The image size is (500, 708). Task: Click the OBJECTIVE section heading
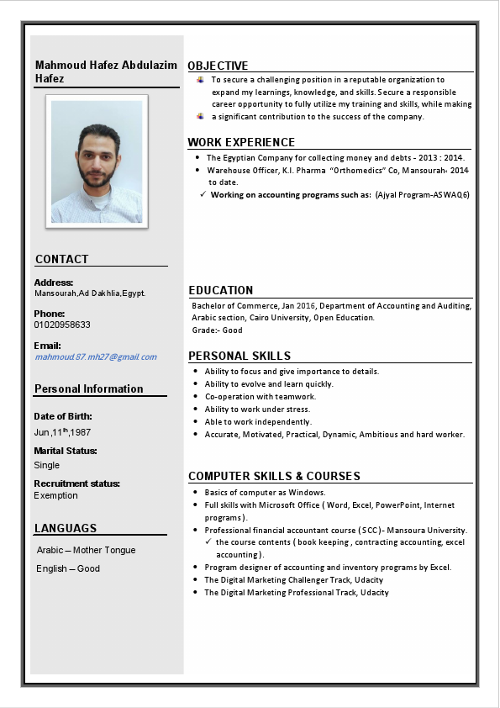tap(218, 66)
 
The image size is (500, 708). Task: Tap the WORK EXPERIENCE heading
tap(241, 142)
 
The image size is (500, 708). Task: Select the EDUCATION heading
tap(220, 290)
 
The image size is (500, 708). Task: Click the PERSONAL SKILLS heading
tap(239, 356)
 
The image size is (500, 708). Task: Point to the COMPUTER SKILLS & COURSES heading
tap(274, 476)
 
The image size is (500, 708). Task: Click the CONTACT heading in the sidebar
tap(61, 259)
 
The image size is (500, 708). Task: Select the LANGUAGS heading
tap(66, 528)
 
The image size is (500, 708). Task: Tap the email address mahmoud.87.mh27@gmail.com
tap(95, 357)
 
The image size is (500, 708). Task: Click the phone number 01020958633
tap(62, 325)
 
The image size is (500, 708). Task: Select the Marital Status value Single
tap(47, 465)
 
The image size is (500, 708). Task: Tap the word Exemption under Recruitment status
tap(55, 495)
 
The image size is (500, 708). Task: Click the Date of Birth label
tap(63, 416)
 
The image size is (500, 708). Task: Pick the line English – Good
tap(68, 568)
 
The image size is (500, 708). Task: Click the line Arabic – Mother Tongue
tap(86, 550)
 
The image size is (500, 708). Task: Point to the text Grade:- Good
tap(217, 330)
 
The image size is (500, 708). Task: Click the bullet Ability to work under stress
tap(257, 409)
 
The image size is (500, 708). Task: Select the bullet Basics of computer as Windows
tap(265, 492)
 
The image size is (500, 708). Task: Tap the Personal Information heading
tap(88, 388)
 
